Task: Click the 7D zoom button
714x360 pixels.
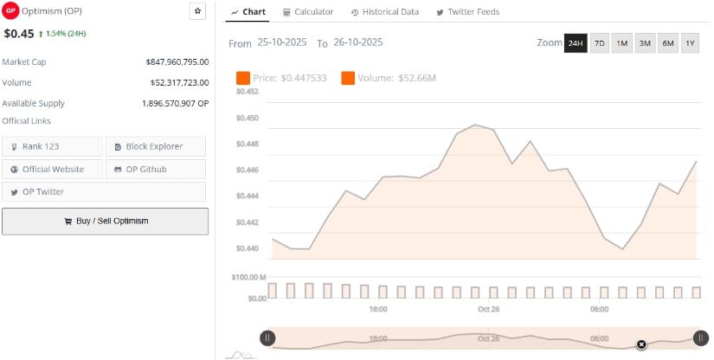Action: (x=599, y=43)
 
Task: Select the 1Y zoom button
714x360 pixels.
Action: (x=690, y=43)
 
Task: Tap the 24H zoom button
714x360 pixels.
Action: (x=576, y=43)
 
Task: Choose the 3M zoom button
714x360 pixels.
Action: (x=645, y=43)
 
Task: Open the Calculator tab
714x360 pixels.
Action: (x=308, y=12)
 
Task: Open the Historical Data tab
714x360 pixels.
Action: (x=385, y=12)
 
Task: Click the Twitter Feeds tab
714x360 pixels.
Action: (x=467, y=12)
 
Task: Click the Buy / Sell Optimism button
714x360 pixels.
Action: (x=105, y=221)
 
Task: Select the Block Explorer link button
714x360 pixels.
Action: (x=156, y=146)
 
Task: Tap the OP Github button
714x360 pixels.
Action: (x=156, y=169)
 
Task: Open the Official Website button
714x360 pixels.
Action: (x=52, y=169)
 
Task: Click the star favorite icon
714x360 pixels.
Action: (x=197, y=11)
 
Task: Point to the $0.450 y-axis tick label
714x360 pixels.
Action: (x=248, y=118)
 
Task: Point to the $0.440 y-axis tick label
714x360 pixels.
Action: (x=248, y=249)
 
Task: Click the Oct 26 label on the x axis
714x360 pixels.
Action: (x=489, y=309)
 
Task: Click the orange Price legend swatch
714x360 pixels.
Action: (x=242, y=78)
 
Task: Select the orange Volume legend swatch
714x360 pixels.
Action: (x=348, y=78)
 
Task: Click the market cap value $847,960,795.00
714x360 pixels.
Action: (x=177, y=62)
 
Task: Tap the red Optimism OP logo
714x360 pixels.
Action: (x=10, y=11)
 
